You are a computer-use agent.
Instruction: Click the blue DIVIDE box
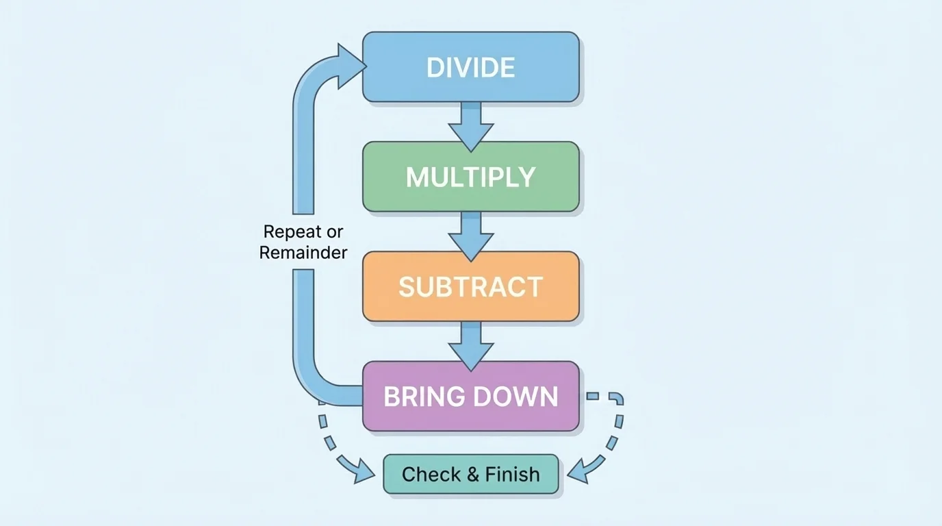pyautogui.click(x=470, y=67)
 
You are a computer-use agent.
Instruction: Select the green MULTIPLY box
pyautogui.click(x=470, y=177)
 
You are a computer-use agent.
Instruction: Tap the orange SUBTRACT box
pyautogui.click(x=470, y=286)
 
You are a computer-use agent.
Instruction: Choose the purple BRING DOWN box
pyautogui.click(x=470, y=397)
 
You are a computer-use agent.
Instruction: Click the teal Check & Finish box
pyautogui.click(x=470, y=474)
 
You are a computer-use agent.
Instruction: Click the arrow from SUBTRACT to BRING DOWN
pyautogui.click(x=470, y=345)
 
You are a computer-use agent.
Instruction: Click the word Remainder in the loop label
pyautogui.click(x=303, y=253)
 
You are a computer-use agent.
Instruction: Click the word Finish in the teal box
pyautogui.click(x=512, y=474)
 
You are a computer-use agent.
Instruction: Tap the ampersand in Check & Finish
pyautogui.click(x=472, y=474)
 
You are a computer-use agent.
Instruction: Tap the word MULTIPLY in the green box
pyautogui.click(x=470, y=177)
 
